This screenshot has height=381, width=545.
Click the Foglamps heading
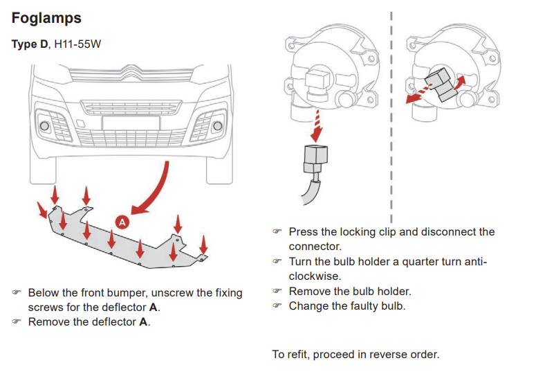coord(46,18)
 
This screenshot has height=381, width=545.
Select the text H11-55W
coord(77,44)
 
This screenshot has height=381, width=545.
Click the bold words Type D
coord(30,44)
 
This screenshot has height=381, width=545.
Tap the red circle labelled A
coord(122,222)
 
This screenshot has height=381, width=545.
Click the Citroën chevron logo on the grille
coord(131,72)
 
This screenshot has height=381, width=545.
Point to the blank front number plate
coord(131,124)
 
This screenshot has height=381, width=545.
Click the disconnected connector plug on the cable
coord(315,159)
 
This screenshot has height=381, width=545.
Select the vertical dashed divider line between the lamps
coord(391,117)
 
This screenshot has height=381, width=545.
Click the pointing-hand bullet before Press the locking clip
coord(277,231)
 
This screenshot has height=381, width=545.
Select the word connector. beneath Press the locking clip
coord(315,247)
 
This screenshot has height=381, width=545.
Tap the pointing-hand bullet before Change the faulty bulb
coord(277,305)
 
